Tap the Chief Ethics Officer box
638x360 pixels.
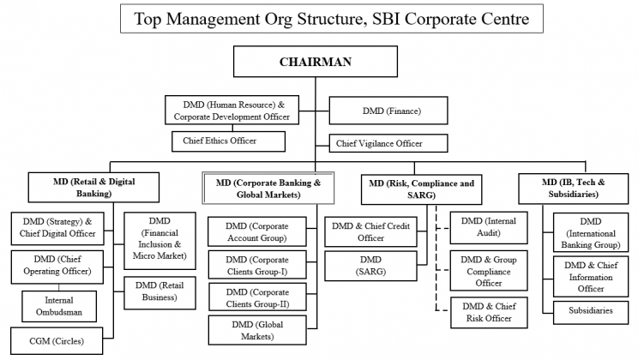pyautogui.click(x=227, y=140)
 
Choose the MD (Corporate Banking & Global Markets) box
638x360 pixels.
pyautogui.click(x=268, y=188)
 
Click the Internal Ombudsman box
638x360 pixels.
pyautogui.click(x=58, y=305)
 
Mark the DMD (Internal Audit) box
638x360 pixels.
pyautogui.click(x=488, y=226)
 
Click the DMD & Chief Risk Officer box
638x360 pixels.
pyautogui.click(x=488, y=312)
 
